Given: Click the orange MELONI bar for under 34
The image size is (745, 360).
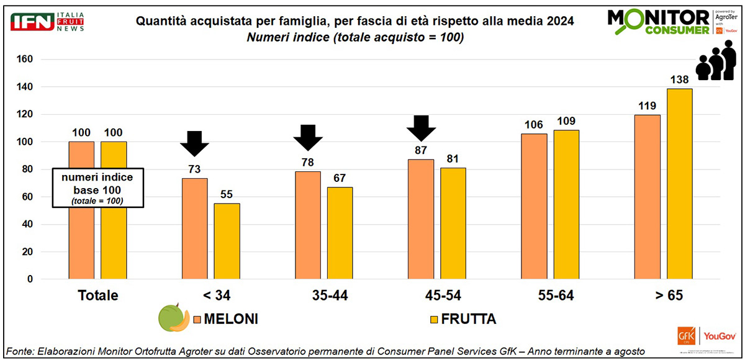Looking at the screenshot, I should click(x=194, y=228).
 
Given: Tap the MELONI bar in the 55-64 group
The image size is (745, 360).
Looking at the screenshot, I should click(x=534, y=206).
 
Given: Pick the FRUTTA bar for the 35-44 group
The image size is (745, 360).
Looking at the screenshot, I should click(x=340, y=233).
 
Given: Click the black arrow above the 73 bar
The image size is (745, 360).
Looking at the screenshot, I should click(x=195, y=143).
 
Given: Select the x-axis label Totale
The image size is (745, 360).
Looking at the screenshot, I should click(x=97, y=295).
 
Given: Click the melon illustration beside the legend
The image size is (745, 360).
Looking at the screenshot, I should click(x=174, y=318).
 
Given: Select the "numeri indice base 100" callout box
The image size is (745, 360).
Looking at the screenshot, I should click(x=97, y=187).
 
